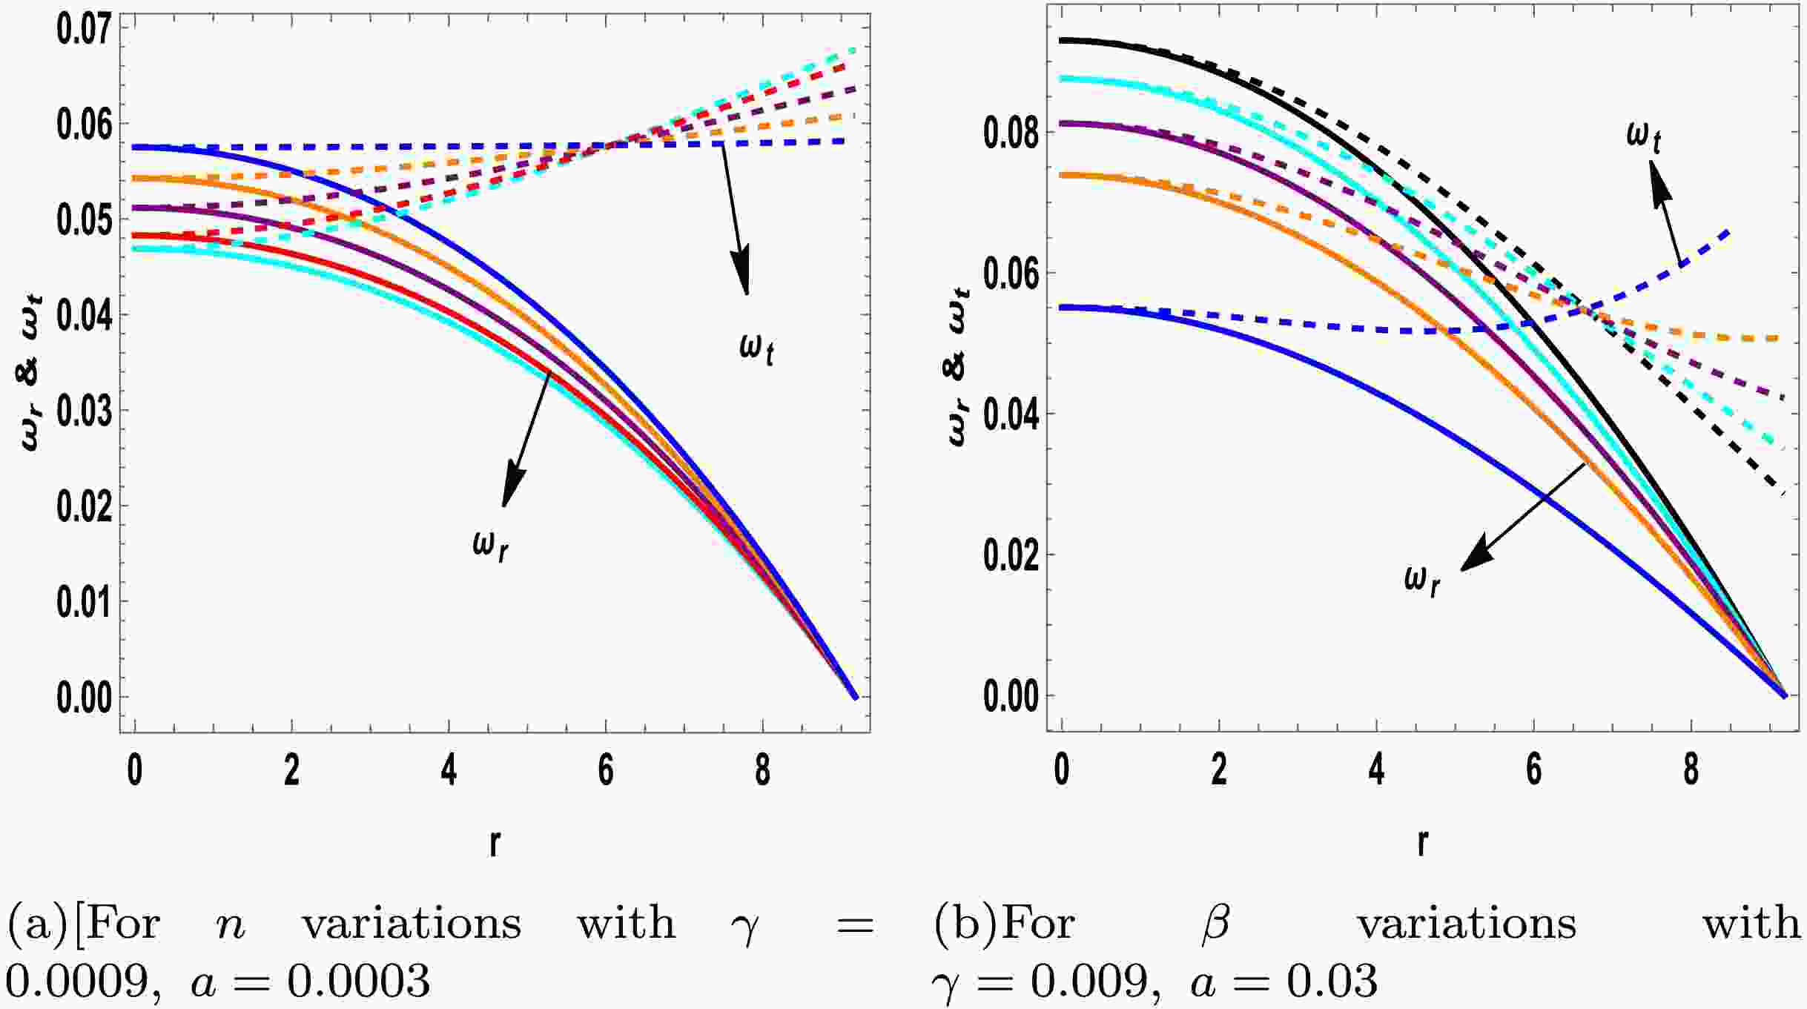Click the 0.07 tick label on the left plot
84,29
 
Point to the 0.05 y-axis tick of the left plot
84,220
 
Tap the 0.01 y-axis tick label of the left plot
84,602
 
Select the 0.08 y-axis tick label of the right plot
1009,133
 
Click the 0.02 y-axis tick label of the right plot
1009,555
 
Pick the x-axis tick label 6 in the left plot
606,771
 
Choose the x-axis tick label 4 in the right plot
1376,771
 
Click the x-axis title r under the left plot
495,842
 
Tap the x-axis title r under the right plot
1421,842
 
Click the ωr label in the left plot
491,546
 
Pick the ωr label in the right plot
1422,580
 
